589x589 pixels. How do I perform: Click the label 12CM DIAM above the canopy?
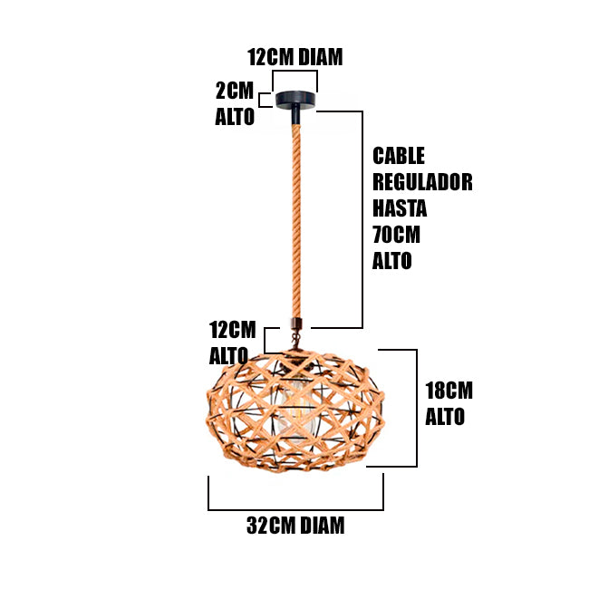(295, 57)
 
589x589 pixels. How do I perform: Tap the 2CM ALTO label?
(235, 103)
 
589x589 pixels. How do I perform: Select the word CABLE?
(399, 156)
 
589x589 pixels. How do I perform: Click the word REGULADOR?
(422, 182)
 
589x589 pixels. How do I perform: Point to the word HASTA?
(400, 208)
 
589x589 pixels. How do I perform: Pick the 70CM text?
(397, 235)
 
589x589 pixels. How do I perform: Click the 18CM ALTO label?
(449, 403)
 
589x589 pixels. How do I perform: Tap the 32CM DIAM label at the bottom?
(295, 525)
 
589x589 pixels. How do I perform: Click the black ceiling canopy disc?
(295, 100)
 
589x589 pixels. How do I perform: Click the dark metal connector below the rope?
(295, 325)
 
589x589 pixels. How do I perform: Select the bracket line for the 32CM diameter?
(295, 510)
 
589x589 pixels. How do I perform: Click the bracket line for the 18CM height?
(416, 408)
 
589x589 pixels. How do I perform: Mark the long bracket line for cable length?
(362, 217)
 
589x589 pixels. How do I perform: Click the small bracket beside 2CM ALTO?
(263, 100)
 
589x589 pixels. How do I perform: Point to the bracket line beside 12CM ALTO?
(265, 338)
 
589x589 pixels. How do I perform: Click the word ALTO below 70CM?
(391, 261)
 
